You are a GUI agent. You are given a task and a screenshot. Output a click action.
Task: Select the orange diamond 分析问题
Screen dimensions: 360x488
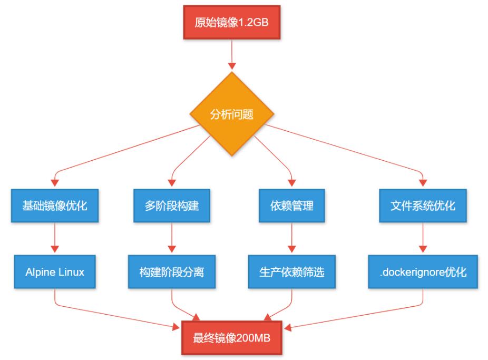click(231, 114)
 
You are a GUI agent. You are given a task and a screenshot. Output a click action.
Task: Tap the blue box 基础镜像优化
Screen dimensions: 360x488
click(55, 206)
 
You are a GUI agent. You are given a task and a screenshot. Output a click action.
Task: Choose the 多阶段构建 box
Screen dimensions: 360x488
click(172, 206)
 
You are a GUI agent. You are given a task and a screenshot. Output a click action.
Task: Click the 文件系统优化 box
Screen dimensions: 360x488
click(423, 206)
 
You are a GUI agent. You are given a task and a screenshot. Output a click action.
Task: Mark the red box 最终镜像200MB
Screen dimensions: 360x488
click(231, 338)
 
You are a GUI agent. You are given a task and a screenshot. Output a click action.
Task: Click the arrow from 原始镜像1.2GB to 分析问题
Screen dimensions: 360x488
click(231, 55)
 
